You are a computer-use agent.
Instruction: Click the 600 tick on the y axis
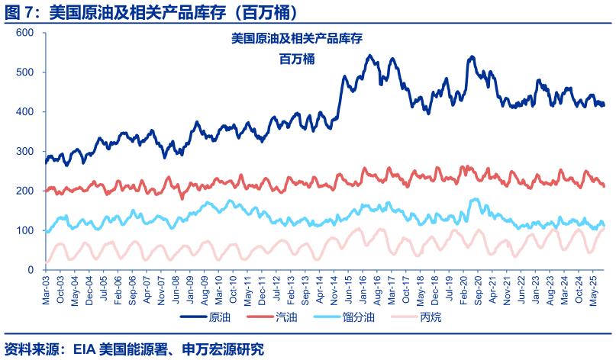(25, 33)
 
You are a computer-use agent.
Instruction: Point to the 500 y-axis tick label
(25, 72)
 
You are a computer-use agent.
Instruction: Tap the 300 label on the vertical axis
(25, 152)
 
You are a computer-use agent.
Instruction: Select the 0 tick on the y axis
(31, 270)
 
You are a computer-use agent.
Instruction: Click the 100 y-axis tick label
(25, 230)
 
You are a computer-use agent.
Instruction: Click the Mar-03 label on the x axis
(47, 289)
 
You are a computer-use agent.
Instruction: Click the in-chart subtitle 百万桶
(298, 59)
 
